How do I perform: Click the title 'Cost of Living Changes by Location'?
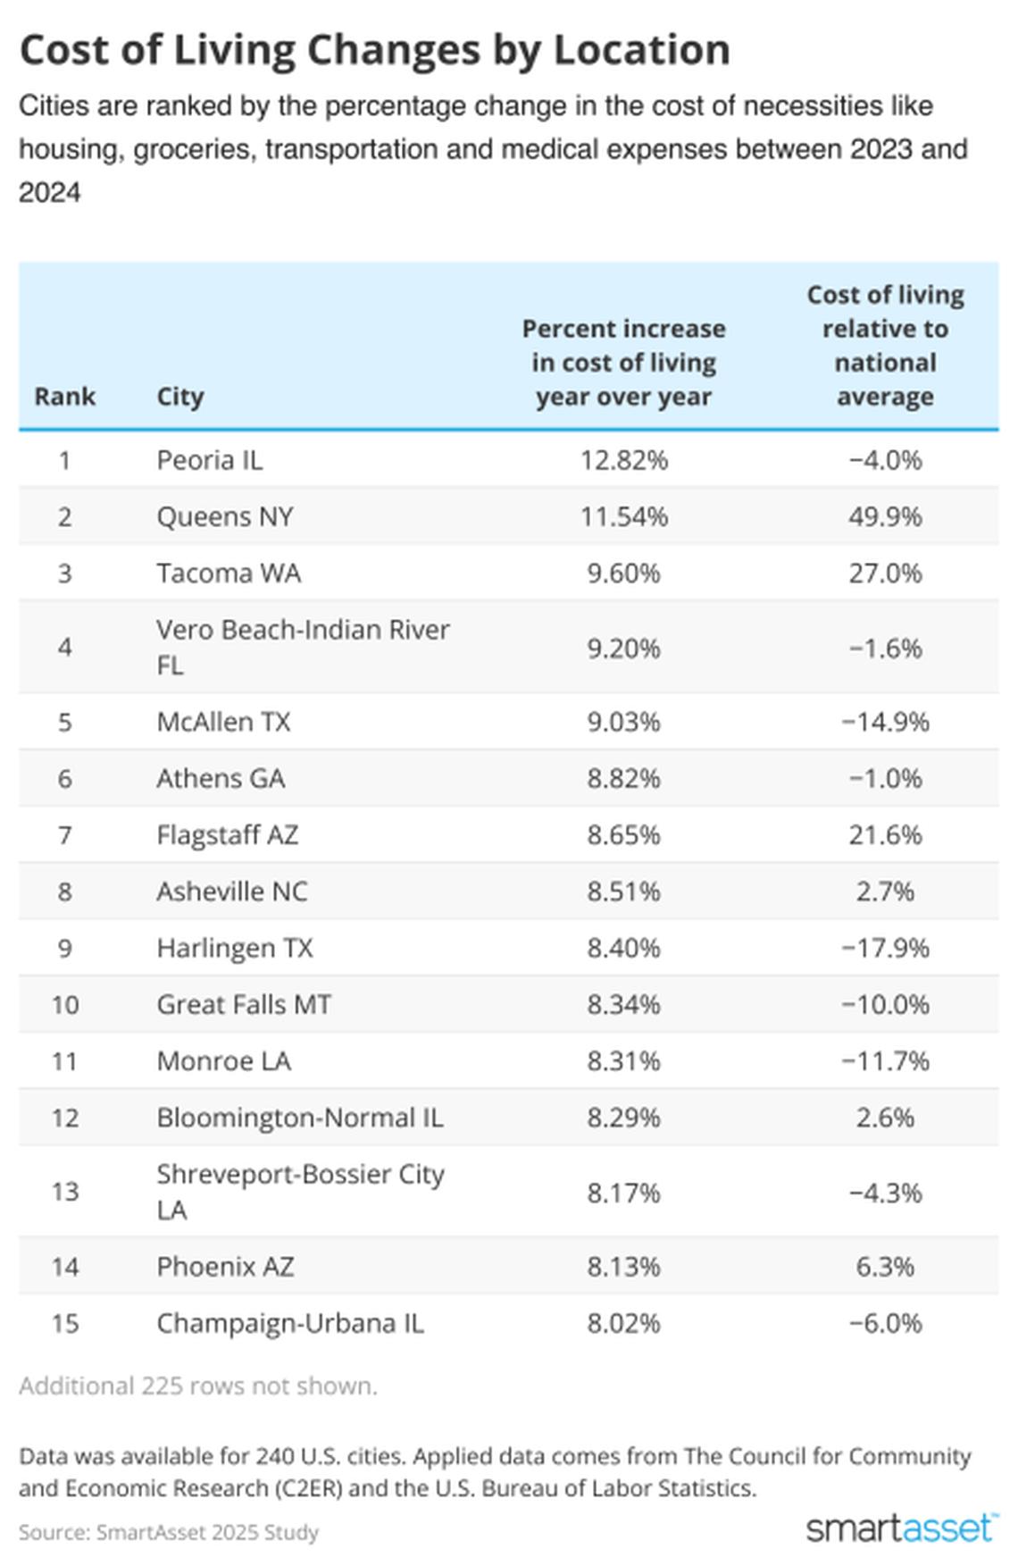pos(374,50)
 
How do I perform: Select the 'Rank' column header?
pos(64,396)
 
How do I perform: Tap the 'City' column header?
pos(180,396)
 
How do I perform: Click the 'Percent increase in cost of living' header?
pos(623,363)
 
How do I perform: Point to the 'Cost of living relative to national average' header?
pos(885,346)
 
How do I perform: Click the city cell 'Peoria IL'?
pos(210,460)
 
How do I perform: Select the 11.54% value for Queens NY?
pos(623,516)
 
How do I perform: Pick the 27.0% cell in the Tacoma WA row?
pos(885,573)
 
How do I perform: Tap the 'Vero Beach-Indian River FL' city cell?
pos(302,647)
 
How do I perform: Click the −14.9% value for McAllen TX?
pos(885,722)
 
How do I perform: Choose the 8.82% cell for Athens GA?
pos(623,778)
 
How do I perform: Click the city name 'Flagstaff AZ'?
pos(227,834)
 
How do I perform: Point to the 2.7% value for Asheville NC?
pos(885,892)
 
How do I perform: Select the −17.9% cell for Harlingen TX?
pos(885,948)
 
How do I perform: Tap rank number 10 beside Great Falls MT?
pos(64,1004)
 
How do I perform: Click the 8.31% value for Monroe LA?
pos(623,1061)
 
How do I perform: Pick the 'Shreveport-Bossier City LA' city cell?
pos(300,1192)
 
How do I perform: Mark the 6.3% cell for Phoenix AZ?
pos(885,1267)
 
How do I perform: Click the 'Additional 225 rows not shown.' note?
pos(198,1386)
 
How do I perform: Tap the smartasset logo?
pos(901,1528)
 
